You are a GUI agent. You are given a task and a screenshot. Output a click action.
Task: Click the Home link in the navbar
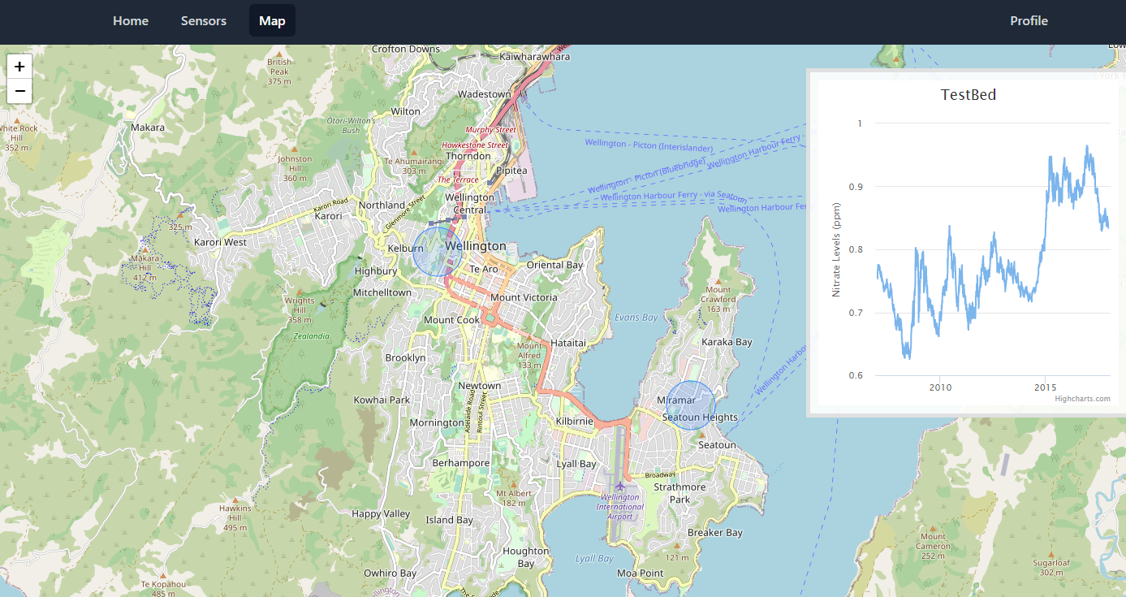(131, 21)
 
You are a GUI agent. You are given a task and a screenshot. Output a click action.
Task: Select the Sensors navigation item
(204, 21)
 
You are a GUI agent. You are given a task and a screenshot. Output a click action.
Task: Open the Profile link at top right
(1029, 21)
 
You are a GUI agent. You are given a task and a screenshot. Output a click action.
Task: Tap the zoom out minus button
(19, 91)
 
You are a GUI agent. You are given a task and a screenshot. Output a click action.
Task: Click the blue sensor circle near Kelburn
(438, 252)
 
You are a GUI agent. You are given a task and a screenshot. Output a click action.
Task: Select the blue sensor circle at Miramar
(691, 405)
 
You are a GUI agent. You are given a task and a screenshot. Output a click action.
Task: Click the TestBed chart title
(968, 95)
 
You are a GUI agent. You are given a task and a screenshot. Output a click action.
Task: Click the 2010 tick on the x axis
(940, 387)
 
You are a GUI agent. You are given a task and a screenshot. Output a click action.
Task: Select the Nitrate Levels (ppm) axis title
(836, 249)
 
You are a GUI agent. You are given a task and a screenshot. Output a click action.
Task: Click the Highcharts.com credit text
(1082, 399)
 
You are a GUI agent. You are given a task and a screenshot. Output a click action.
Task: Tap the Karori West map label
(220, 242)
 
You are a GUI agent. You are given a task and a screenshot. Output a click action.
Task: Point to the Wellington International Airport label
(621, 506)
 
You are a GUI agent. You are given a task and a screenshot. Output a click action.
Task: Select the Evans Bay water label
(636, 318)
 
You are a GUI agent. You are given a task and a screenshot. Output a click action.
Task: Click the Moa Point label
(640, 573)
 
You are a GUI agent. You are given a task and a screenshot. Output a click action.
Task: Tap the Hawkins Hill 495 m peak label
(235, 517)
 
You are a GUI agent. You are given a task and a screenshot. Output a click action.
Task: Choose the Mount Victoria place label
(524, 297)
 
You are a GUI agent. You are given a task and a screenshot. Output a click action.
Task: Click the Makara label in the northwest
(148, 128)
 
